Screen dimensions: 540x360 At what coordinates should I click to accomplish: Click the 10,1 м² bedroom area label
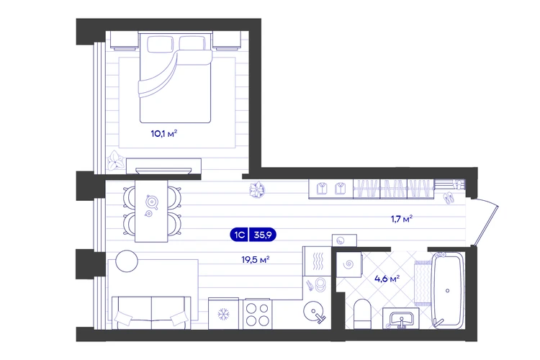tap(164, 133)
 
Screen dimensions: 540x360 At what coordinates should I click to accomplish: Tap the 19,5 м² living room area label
tap(255, 259)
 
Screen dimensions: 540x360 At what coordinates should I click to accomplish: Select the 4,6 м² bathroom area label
tap(387, 279)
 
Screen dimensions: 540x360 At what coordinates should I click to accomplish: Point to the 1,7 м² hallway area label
tap(402, 219)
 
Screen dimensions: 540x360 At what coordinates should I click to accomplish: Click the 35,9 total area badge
tap(263, 235)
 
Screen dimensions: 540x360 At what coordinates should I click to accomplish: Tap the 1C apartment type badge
tap(239, 235)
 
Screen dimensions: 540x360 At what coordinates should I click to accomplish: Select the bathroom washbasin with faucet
tap(401, 318)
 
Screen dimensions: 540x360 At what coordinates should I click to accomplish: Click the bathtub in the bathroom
tap(448, 290)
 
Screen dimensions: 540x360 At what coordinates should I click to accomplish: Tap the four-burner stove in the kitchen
tap(258, 314)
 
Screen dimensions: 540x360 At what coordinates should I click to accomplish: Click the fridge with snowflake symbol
tap(223, 314)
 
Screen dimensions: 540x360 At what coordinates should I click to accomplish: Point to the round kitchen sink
tap(315, 312)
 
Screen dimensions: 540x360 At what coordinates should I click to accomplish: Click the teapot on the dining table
tap(151, 202)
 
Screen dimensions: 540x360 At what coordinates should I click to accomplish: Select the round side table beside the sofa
tap(127, 261)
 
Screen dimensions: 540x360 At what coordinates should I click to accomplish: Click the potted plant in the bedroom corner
tap(115, 160)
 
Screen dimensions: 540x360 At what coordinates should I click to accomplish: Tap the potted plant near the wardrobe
tap(257, 190)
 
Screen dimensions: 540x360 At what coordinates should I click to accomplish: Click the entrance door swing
tap(486, 222)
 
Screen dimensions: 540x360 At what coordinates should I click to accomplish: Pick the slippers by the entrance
tap(449, 198)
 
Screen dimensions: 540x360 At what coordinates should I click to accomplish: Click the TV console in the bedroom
tap(163, 166)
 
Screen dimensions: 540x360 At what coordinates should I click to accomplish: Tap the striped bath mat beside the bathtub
tap(422, 283)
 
